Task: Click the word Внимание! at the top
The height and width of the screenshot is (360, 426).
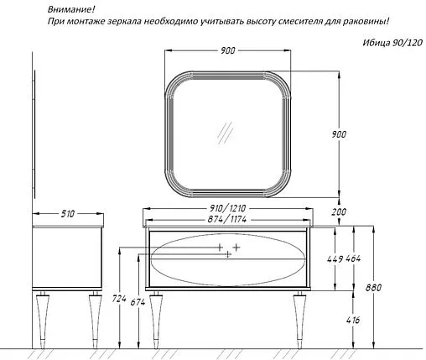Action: pos(71,9)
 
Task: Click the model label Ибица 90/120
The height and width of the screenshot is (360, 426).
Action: pos(392,43)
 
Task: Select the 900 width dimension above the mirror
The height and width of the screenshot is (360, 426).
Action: pos(228,50)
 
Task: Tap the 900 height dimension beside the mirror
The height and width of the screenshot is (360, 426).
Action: pos(339,134)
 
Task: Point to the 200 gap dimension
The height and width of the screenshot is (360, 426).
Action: pos(339,211)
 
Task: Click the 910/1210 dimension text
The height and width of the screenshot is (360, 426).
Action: pos(228,208)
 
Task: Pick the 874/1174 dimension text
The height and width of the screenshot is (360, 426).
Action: pos(227,219)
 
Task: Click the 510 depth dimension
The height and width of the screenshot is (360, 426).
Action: pos(68,214)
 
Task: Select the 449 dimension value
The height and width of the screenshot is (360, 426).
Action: pos(335,259)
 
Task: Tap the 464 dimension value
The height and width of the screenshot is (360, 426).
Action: pos(353,258)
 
